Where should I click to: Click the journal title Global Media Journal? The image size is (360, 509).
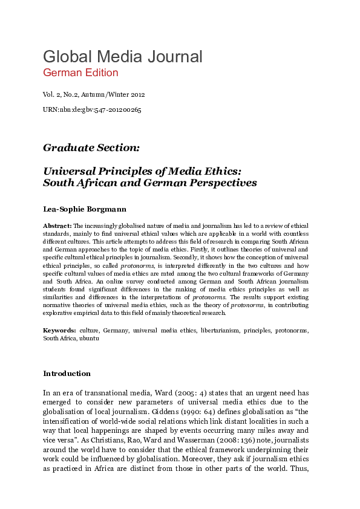click(x=122, y=57)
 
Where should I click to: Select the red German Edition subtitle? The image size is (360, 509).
click(x=80, y=73)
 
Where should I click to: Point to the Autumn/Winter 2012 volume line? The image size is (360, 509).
click(x=94, y=95)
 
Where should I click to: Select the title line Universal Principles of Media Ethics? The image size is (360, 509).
click(x=142, y=171)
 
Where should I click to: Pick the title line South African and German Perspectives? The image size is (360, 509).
click(x=150, y=183)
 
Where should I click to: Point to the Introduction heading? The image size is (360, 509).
click(x=67, y=373)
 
